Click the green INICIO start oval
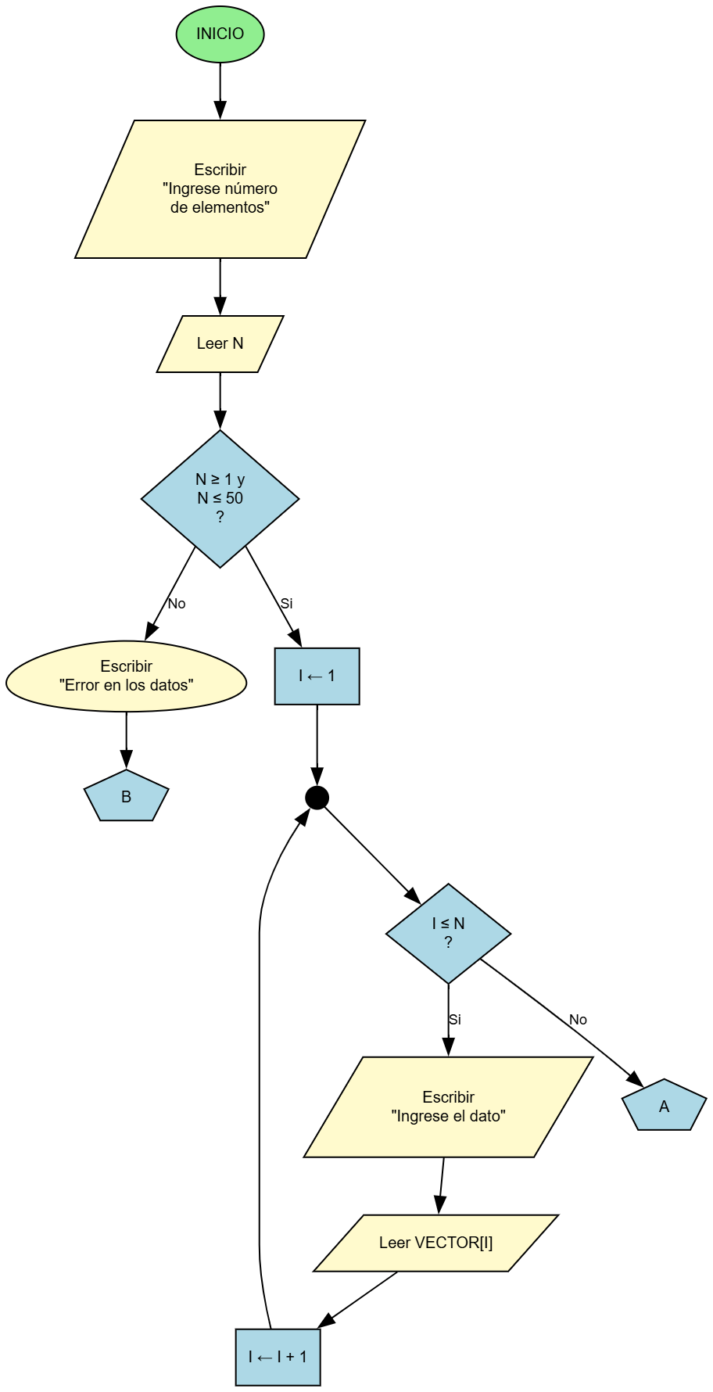[220, 34]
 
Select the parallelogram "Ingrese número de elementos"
[220, 188]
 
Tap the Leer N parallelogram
[220, 343]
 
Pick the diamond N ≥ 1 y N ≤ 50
[220, 498]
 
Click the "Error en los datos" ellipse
[126, 676]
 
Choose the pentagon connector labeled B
[126, 797]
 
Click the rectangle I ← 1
[317, 676]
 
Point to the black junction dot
[317, 798]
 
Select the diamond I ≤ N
[448, 933]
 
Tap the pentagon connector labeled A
[664, 1107]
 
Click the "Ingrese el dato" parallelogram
[448, 1107]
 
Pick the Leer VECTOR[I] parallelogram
[435, 1243]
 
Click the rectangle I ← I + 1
[278, 1357]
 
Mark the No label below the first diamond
[177, 604]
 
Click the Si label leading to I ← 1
[286, 604]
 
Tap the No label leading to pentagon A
[578, 1020]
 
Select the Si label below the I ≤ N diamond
[455, 1020]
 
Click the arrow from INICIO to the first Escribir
[220, 90]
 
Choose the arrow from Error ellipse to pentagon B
[126, 740]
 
